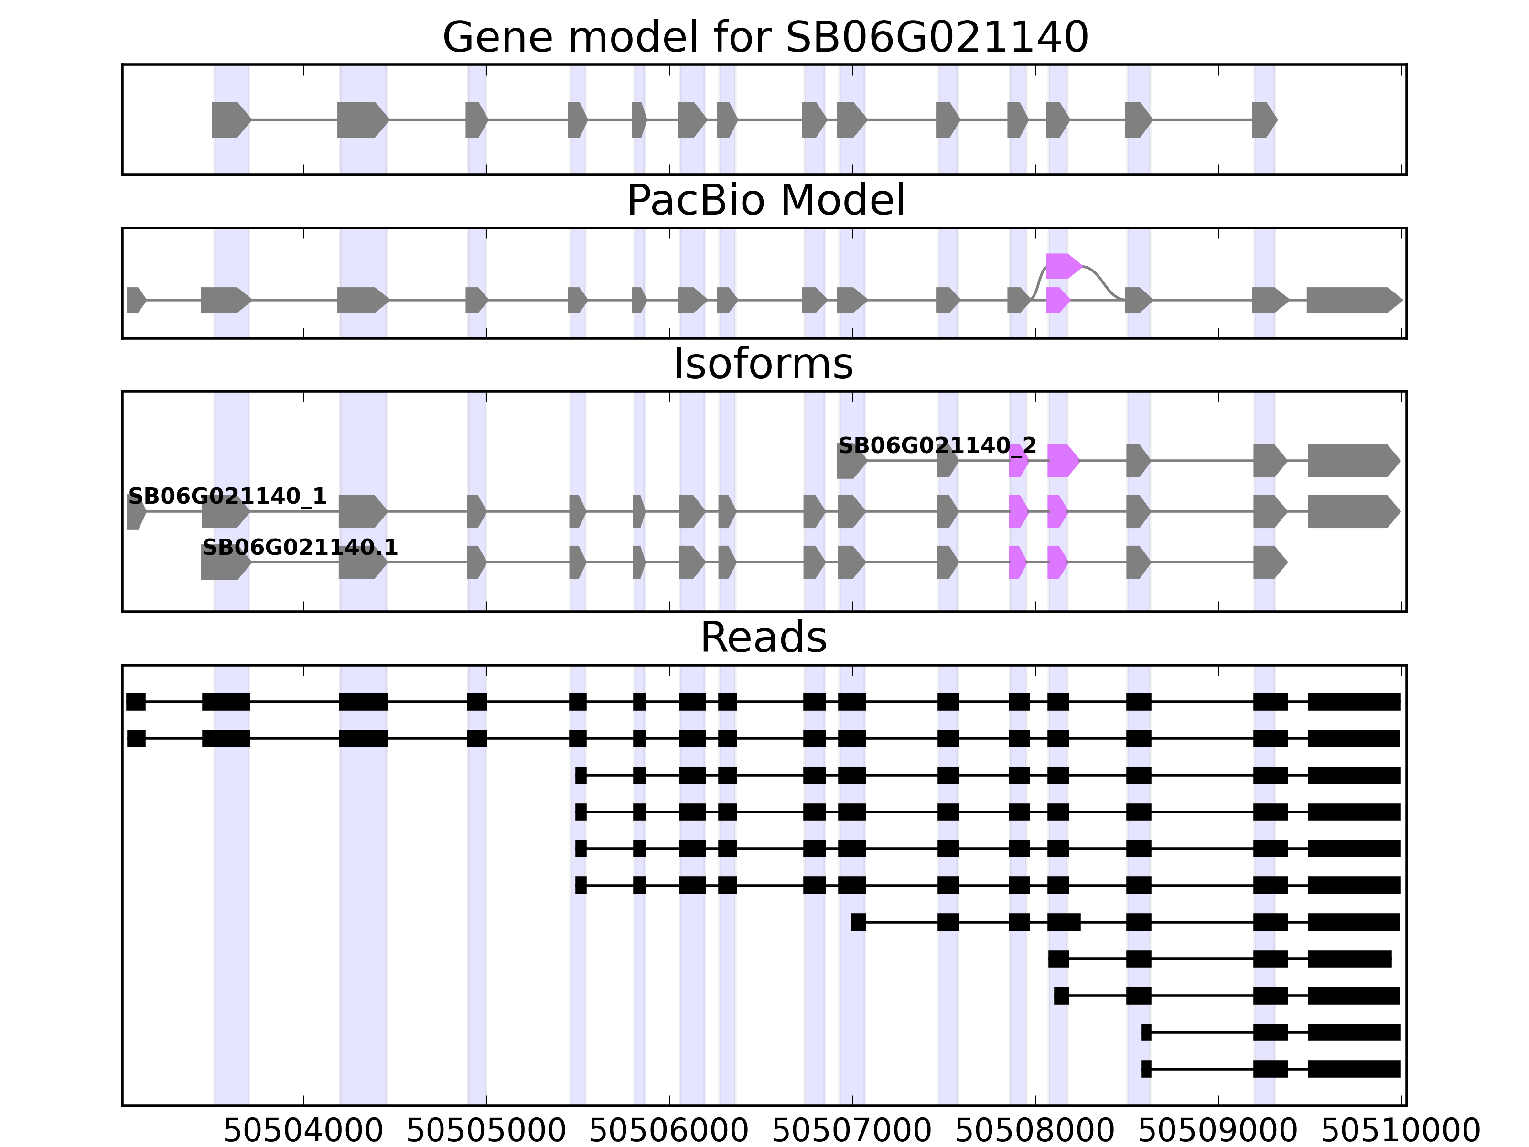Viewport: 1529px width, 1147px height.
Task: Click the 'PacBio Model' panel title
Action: coord(764,201)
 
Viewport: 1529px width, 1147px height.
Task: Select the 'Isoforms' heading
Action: coord(763,364)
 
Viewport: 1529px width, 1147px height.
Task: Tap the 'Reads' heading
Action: coord(763,638)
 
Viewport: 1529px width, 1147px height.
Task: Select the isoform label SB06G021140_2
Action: coord(937,446)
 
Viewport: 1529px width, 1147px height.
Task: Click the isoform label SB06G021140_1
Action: coord(227,497)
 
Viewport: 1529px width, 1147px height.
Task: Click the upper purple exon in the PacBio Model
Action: coord(1062,266)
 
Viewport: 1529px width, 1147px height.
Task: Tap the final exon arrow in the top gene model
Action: coord(1263,119)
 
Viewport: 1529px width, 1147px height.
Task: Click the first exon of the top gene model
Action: coord(229,119)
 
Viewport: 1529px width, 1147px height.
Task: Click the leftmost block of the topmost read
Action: coord(136,702)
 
